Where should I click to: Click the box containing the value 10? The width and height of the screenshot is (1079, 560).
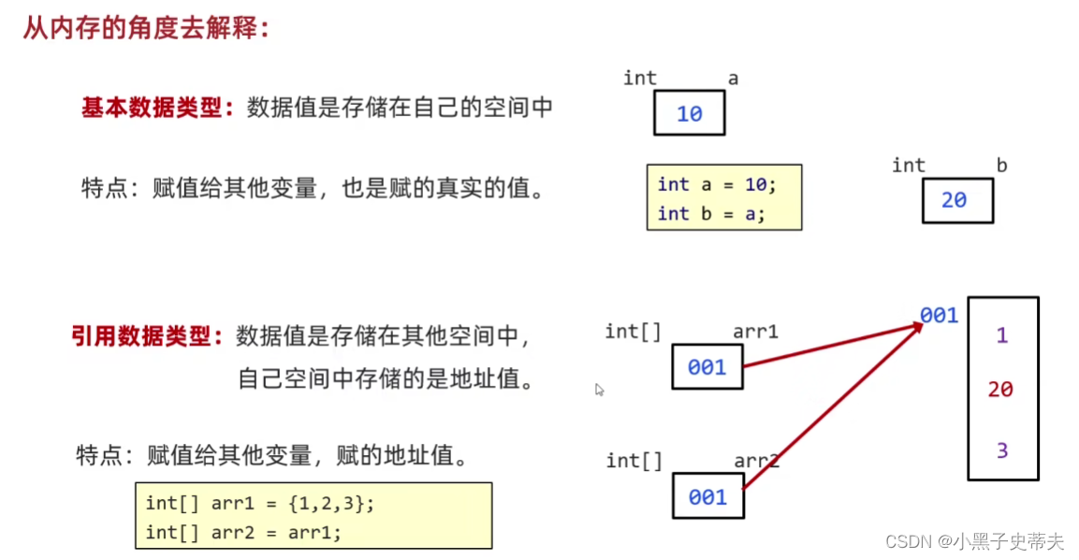point(689,113)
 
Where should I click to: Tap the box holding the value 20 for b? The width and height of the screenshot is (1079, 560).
point(956,200)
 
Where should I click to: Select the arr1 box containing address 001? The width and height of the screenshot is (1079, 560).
point(707,367)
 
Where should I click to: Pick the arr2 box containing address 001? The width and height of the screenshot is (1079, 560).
point(707,497)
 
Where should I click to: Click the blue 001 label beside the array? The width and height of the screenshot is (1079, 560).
point(939,316)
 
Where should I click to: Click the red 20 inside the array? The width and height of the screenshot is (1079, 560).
point(1000,390)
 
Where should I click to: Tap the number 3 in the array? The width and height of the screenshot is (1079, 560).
point(1001,451)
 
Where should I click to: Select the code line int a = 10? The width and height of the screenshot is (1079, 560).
point(717,184)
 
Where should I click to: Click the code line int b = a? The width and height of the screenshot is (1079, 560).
point(711,214)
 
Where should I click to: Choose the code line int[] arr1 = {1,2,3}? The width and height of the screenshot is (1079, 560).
point(259,503)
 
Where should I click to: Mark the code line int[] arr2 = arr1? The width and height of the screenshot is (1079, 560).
point(243,533)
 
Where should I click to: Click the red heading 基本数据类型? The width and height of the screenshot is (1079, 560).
point(156,108)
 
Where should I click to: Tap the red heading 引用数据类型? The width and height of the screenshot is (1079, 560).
point(147,336)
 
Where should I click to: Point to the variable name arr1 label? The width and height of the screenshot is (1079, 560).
point(755,332)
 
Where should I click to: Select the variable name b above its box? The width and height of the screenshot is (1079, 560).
point(1001,166)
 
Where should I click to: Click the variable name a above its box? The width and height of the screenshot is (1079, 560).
point(733,79)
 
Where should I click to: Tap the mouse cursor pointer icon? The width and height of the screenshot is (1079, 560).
point(600,390)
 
